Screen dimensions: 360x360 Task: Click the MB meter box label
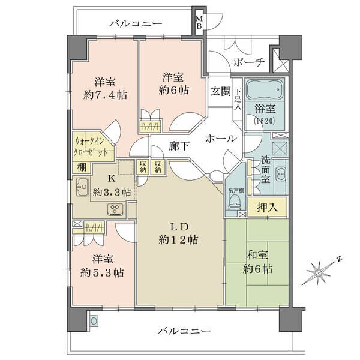(x=199, y=22)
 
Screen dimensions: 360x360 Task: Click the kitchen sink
(x=82, y=187)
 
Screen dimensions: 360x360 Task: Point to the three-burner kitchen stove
(x=115, y=209)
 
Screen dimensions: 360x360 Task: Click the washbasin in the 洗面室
(x=281, y=174)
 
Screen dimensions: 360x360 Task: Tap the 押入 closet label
(x=268, y=208)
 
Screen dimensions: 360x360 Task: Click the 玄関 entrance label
(x=221, y=92)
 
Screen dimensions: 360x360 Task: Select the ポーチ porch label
(x=249, y=62)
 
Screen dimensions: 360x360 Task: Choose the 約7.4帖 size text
(x=106, y=95)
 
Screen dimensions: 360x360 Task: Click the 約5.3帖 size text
(x=103, y=272)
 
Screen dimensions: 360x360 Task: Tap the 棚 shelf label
(x=82, y=167)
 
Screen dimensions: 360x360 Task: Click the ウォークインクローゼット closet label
(x=91, y=146)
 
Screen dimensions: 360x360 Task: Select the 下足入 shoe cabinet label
(x=238, y=99)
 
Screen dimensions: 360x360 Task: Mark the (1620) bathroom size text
(x=265, y=121)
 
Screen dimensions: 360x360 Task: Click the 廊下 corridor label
(x=179, y=146)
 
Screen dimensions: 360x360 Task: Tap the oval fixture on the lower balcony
(x=94, y=321)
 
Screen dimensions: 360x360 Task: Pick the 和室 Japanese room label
(x=257, y=255)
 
